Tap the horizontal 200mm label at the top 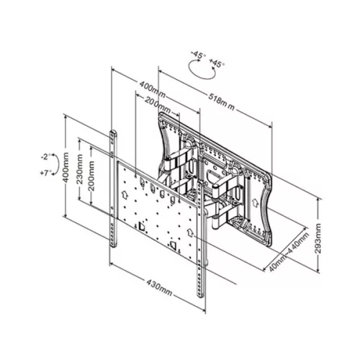158,107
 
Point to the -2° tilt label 45,156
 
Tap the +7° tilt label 45,174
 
